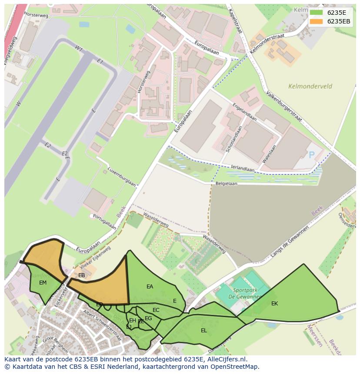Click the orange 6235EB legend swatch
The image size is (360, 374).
[x=316, y=21]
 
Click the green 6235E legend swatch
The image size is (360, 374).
[x=316, y=13]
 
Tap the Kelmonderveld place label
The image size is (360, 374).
[x=310, y=86]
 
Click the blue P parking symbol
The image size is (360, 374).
[x=311, y=155]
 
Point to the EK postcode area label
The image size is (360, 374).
[x=274, y=304]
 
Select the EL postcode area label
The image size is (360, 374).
[x=203, y=331]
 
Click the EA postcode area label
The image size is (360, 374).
[x=150, y=287]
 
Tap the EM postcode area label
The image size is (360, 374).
[x=43, y=283]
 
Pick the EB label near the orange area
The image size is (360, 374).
[x=81, y=275]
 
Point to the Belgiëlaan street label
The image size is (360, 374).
[x=227, y=184]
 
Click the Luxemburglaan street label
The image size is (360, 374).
[x=122, y=176]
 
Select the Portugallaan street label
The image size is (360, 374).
[x=104, y=221]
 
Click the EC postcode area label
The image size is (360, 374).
[x=156, y=310]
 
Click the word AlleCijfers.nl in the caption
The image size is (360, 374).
[x=226, y=359]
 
